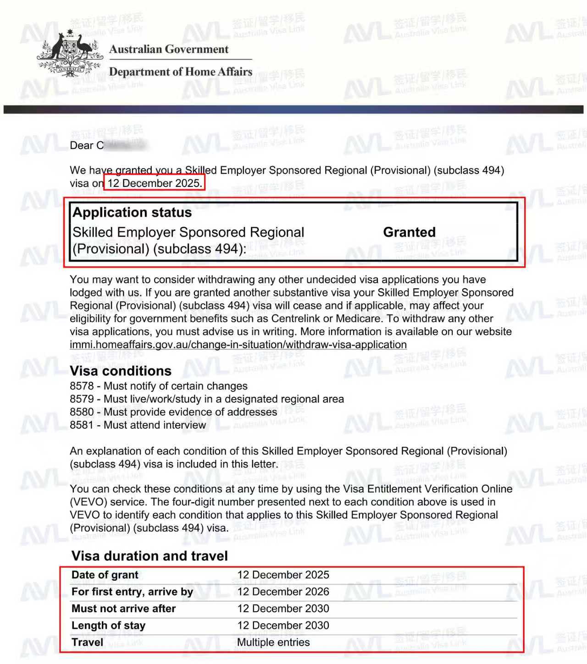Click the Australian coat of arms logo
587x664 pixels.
pyautogui.click(x=70, y=54)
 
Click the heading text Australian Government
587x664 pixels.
pyautogui.click(x=168, y=49)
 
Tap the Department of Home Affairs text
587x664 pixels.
pyautogui.click(x=180, y=72)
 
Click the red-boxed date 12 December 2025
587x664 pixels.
pyautogui.click(x=155, y=183)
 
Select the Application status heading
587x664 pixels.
pyautogui.click(x=132, y=213)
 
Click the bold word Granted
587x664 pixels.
pyautogui.click(x=409, y=232)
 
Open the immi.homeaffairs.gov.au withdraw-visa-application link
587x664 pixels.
pyautogui.click(x=238, y=345)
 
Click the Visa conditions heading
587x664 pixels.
pyautogui.click(x=121, y=371)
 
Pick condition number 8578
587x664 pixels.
pyautogui.click(x=82, y=386)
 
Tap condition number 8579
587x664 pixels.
pyautogui.click(x=82, y=399)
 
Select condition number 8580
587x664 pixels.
pyautogui.click(x=82, y=412)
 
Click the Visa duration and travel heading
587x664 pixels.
pyautogui.click(x=150, y=556)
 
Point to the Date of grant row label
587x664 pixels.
pyautogui.click(x=105, y=575)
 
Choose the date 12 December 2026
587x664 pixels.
pyautogui.click(x=283, y=592)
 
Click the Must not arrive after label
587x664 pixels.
pyautogui.click(x=123, y=609)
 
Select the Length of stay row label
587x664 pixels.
pyautogui.click(x=108, y=626)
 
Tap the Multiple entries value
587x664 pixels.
pyautogui.click(x=273, y=642)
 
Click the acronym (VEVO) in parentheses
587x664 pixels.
pyautogui.click(x=89, y=502)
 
